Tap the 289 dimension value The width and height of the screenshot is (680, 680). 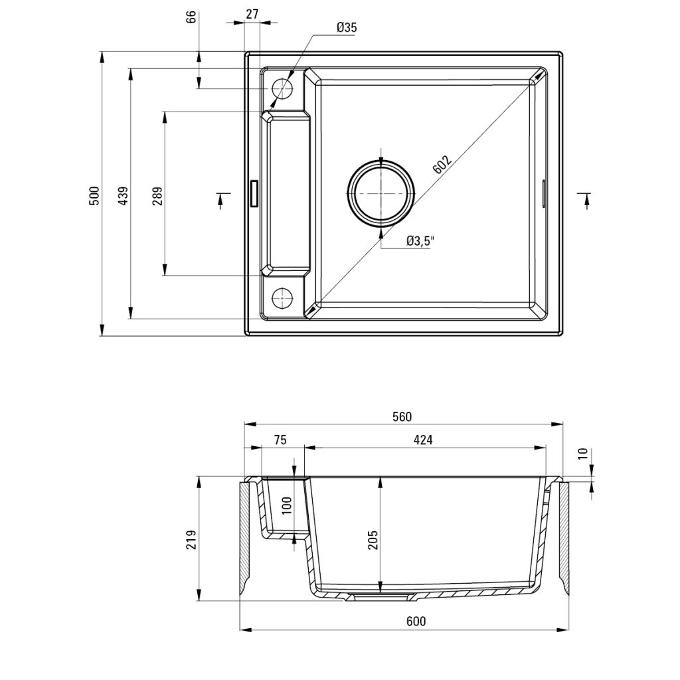coord(157,195)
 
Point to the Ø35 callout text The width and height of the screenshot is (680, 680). coord(346,27)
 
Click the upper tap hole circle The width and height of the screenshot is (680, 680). coord(282,88)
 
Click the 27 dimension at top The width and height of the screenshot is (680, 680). coord(252,13)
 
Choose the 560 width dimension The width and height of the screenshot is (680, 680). coord(402,417)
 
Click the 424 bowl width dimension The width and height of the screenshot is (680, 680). coord(422,440)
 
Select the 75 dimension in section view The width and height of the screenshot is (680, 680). coord(280,440)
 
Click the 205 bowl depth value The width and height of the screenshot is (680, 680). coord(373,539)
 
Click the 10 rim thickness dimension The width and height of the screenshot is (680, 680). coord(582,454)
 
